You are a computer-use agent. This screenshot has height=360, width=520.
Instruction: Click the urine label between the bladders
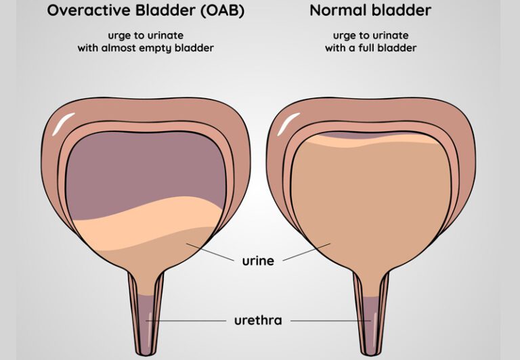(x=257, y=260)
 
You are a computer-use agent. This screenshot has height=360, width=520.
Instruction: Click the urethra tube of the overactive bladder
(x=146, y=318)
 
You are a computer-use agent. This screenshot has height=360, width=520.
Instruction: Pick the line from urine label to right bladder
(x=305, y=252)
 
